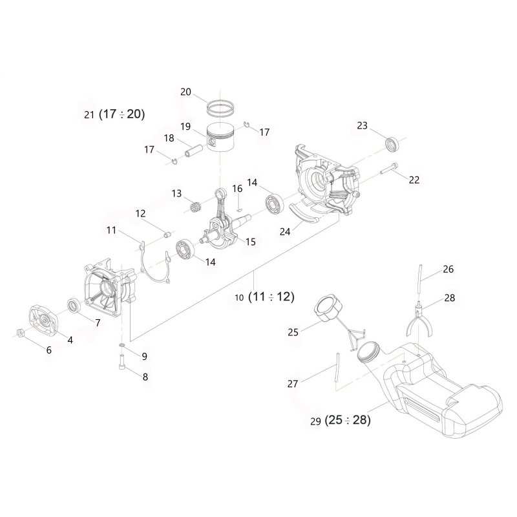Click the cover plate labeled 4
click(43, 320)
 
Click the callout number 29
click(315, 421)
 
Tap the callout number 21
click(89, 115)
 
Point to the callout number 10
click(239, 299)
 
